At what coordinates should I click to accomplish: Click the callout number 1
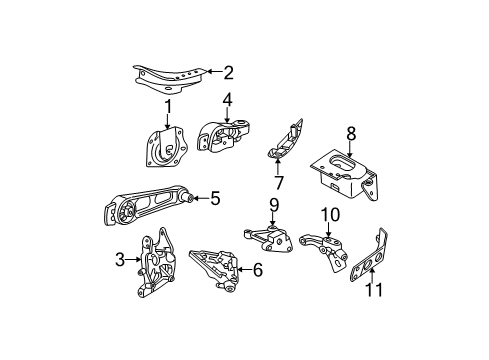click(x=168, y=105)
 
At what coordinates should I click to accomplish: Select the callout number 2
click(x=229, y=71)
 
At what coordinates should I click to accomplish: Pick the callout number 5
click(x=214, y=199)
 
